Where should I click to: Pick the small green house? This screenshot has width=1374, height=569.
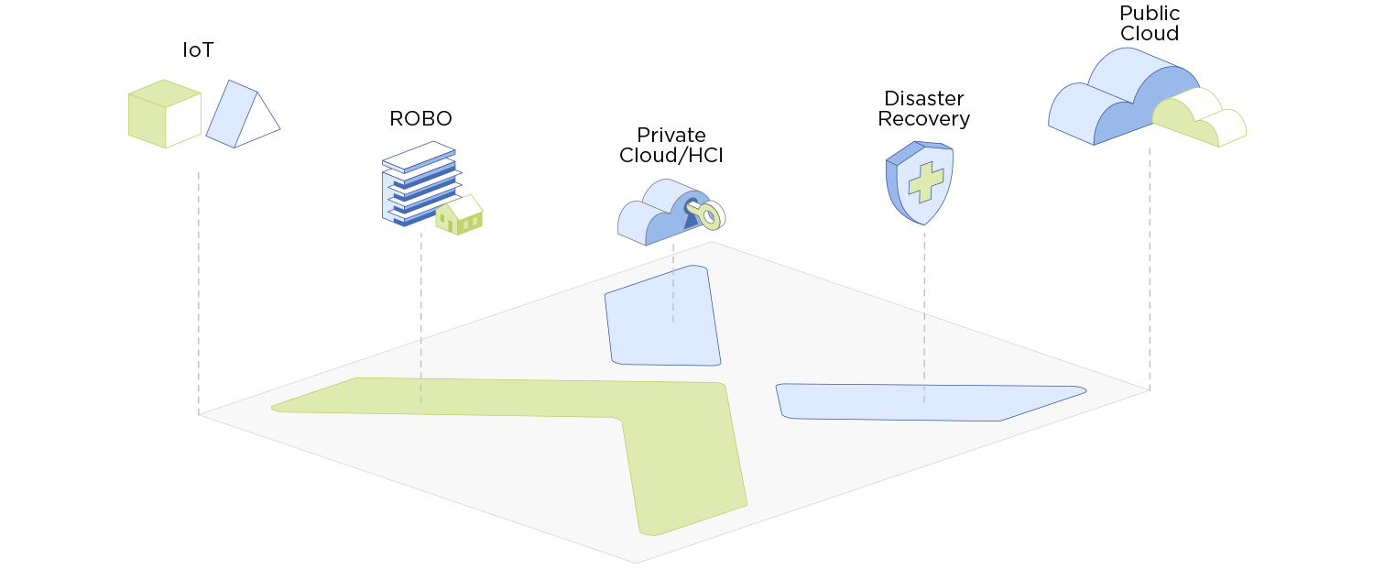point(457,216)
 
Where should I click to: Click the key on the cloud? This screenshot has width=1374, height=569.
point(706,214)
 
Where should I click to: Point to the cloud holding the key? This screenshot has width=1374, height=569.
point(660,216)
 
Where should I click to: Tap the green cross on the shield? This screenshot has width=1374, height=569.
point(926,181)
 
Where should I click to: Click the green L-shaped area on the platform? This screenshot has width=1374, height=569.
point(678,440)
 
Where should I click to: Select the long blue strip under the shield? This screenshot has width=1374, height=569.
point(925,402)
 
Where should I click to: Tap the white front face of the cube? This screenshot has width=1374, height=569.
point(183,119)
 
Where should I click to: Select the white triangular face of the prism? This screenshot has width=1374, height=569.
point(257,122)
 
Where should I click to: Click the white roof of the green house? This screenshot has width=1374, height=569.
point(464,205)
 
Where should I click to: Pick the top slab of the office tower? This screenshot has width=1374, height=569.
point(419,155)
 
